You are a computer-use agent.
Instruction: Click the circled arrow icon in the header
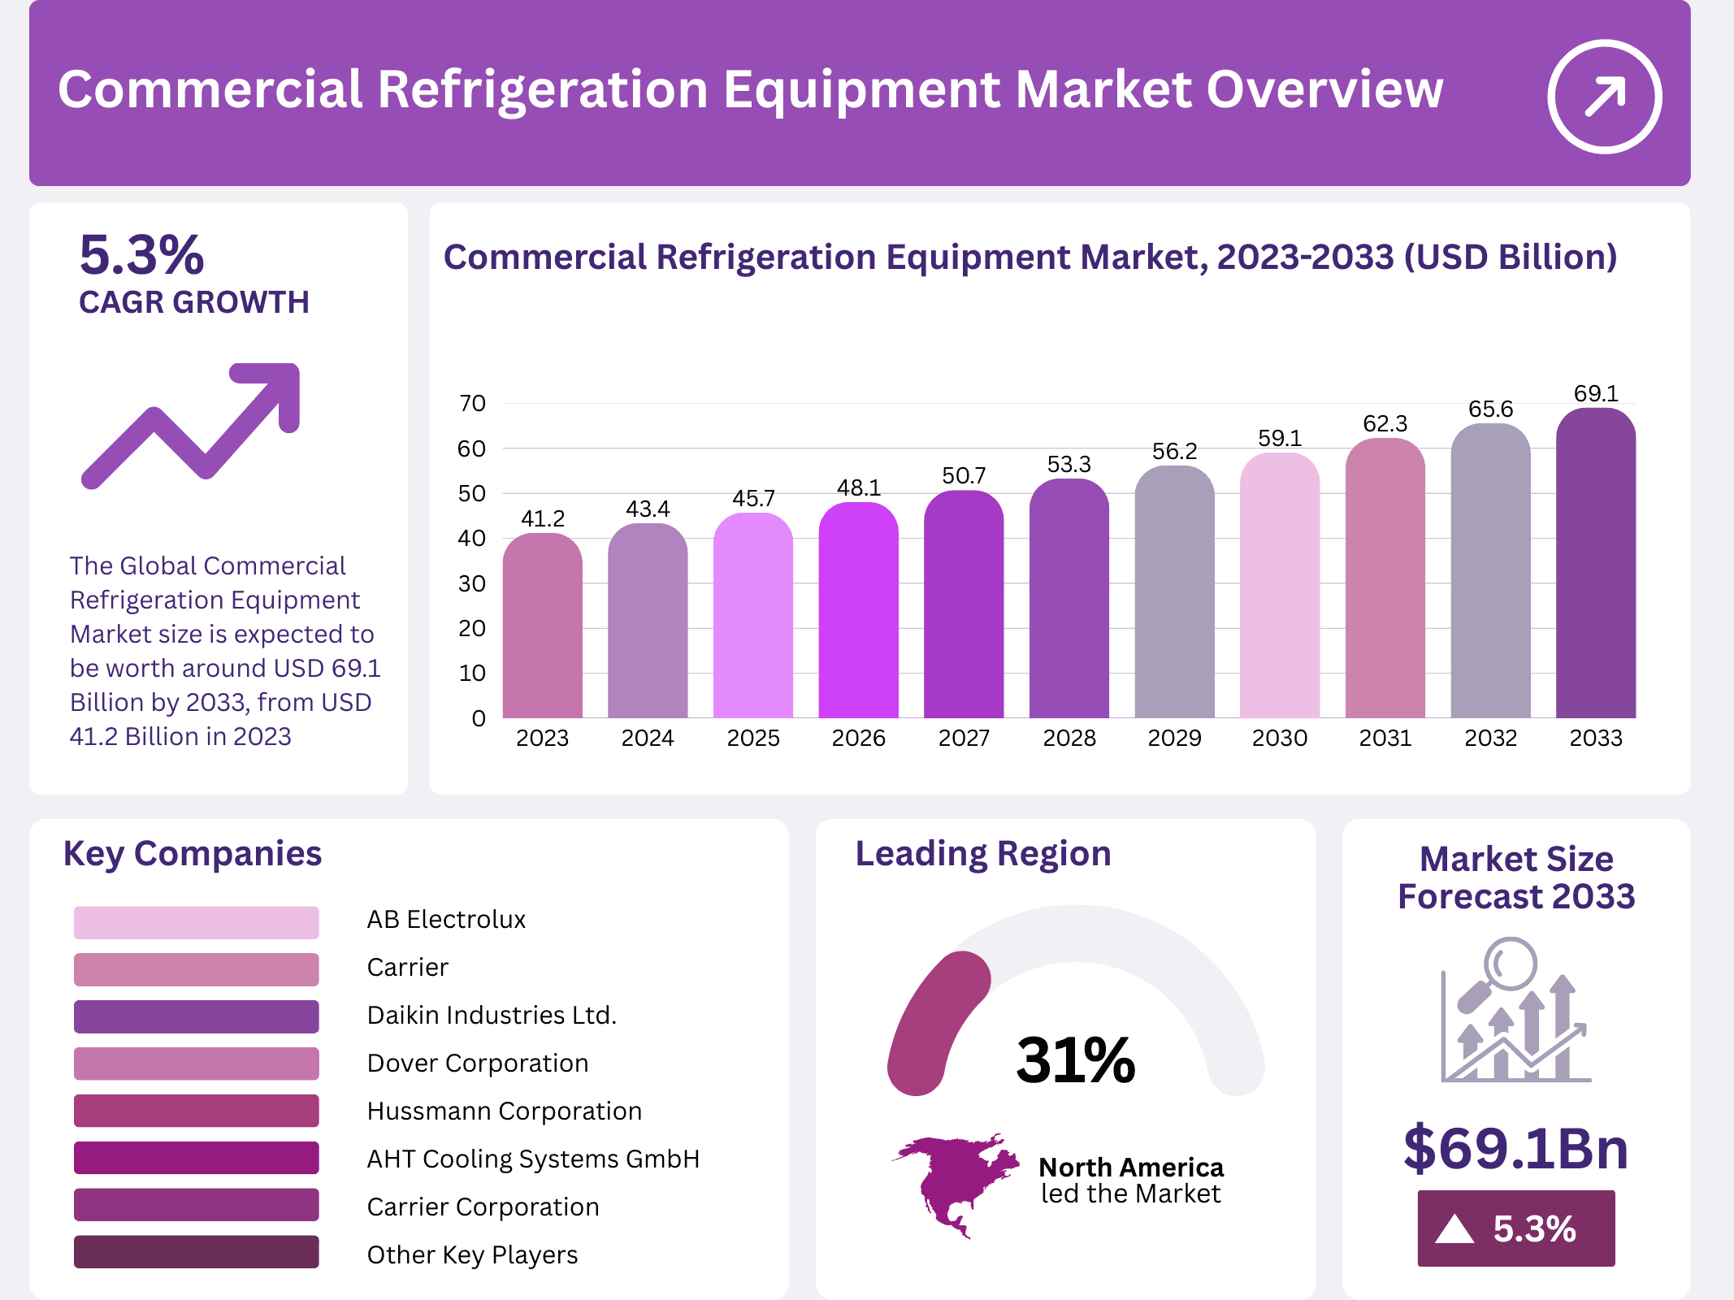(1604, 96)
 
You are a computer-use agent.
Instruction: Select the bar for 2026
(858, 609)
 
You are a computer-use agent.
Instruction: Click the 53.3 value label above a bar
(1069, 465)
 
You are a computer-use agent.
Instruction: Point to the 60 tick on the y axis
(471, 448)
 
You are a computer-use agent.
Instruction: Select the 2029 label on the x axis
(1174, 738)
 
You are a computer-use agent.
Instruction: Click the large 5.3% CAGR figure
(141, 255)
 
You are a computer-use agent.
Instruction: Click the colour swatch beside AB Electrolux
(196, 922)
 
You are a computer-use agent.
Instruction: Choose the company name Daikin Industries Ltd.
(492, 1015)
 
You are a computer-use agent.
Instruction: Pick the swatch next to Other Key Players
(196, 1252)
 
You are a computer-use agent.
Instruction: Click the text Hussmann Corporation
(504, 1111)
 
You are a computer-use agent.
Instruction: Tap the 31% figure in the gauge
(1075, 1060)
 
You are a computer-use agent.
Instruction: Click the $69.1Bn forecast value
(1515, 1148)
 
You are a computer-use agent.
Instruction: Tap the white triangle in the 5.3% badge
(1454, 1228)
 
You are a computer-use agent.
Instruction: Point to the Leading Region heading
(982, 854)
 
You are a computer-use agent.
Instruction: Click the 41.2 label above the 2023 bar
(543, 518)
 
